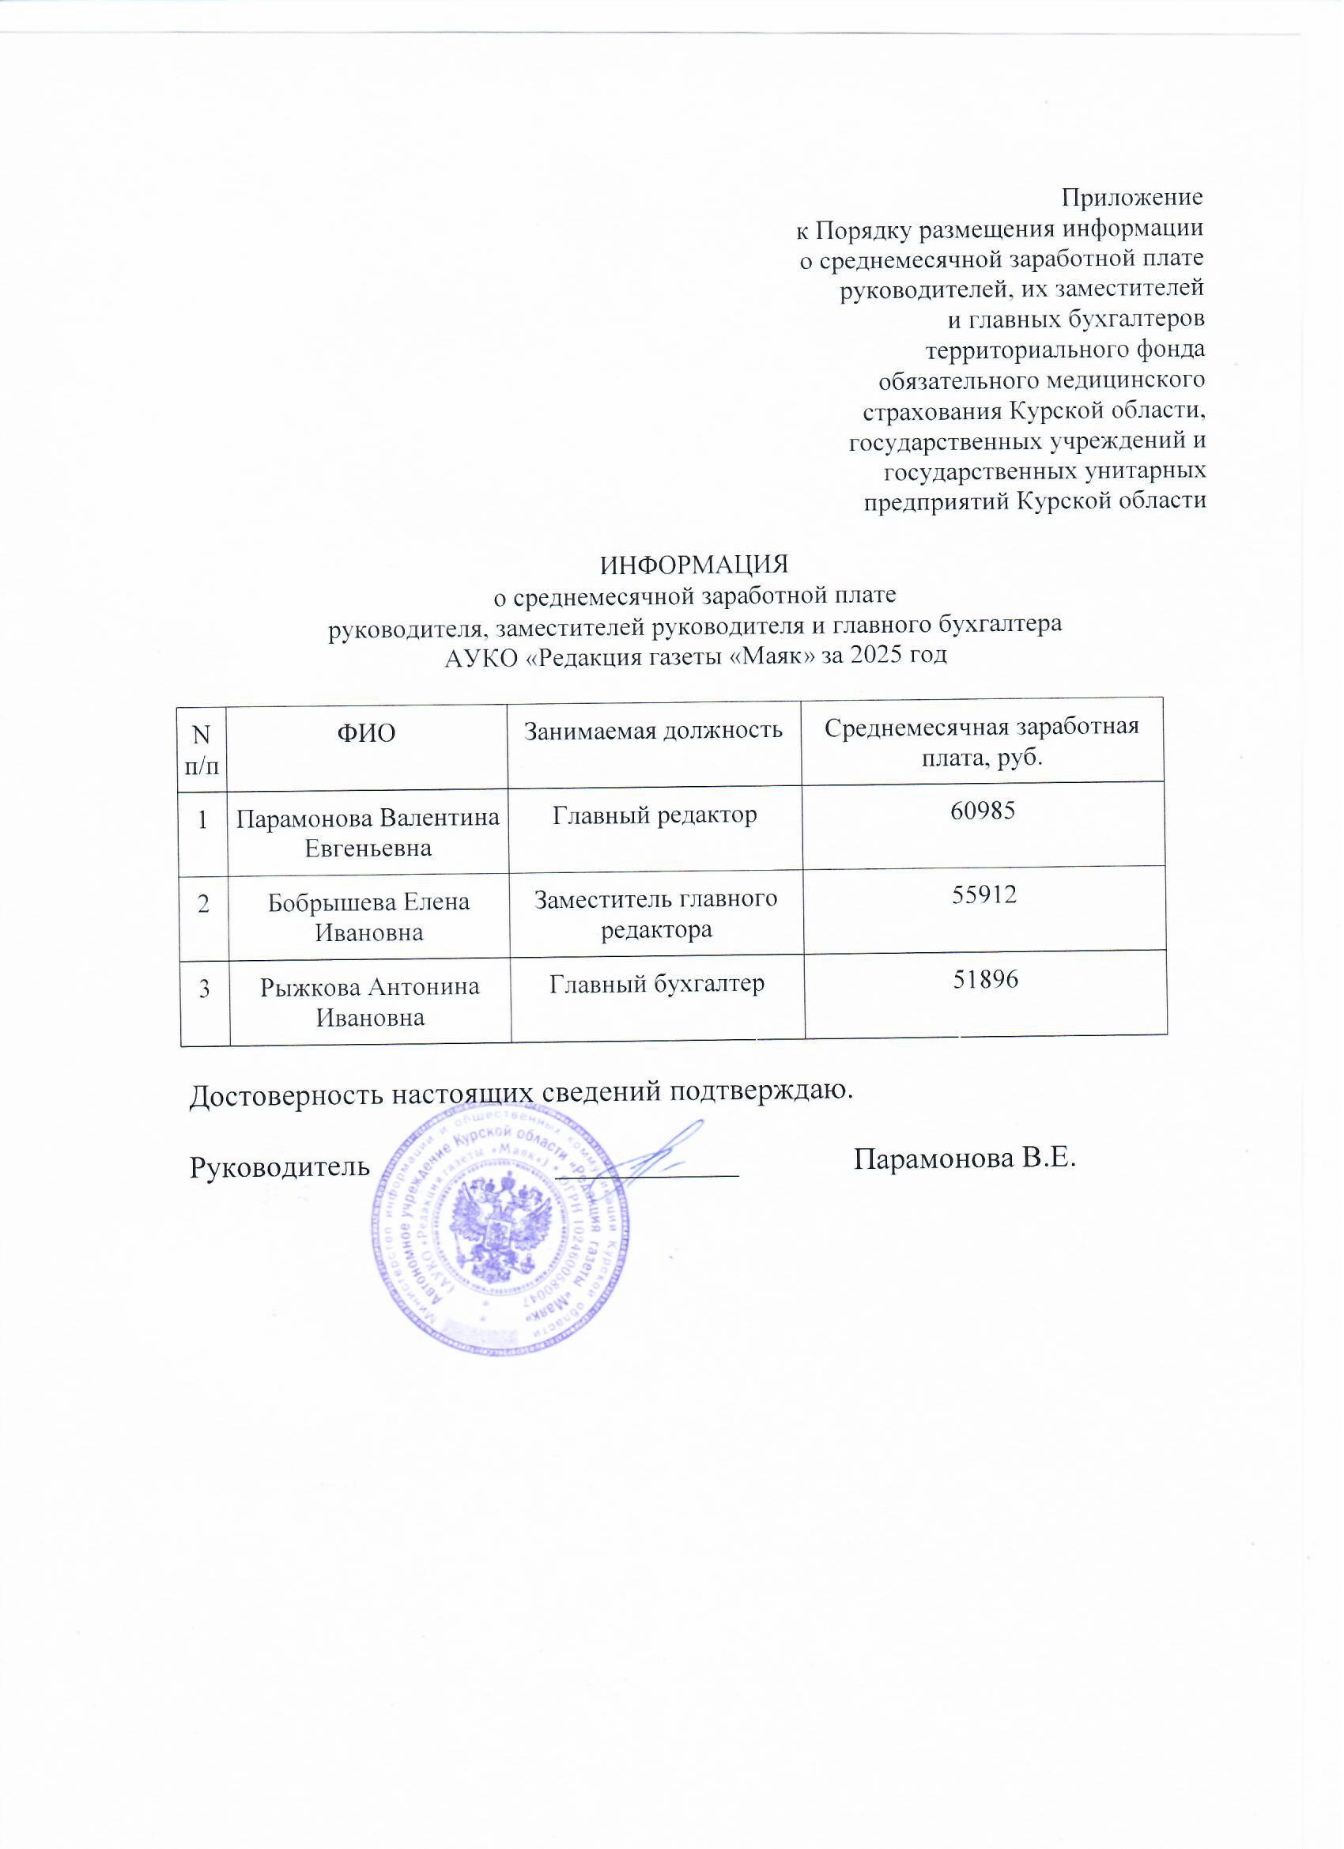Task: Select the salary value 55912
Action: [x=984, y=895]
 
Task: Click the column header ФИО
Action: [x=366, y=734]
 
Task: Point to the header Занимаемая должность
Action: [x=653, y=730]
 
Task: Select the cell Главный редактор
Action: [x=655, y=815]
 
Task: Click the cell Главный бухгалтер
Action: [x=657, y=984]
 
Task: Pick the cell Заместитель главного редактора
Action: [x=656, y=914]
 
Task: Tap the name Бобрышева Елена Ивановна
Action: [x=368, y=917]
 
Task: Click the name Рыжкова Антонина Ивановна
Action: [x=370, y=1002]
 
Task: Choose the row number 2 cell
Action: [x=203, y=903]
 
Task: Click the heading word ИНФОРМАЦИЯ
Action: [x=694, y=565]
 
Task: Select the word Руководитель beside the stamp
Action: [x=280, y=1167]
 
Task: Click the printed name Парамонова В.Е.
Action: [x=965, y=1159]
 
